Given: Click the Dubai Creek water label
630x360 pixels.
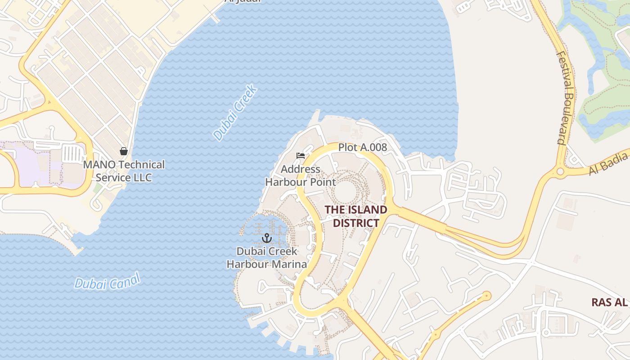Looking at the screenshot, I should click(x=235, y=112).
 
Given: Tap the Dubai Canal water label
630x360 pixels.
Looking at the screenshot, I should click(x=108, y=281).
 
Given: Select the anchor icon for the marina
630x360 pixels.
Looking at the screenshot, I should click(x=267, y=238).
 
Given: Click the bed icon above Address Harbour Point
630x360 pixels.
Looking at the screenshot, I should click(x=301, y=156).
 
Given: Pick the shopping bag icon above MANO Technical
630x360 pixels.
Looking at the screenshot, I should click(x=124, y=151).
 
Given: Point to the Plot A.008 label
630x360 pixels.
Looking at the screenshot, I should click(x=362, y=147).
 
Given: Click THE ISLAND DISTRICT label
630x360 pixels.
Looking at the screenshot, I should click(x=355, y=216).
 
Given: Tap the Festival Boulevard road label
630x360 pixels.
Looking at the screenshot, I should click(x=566, y=97).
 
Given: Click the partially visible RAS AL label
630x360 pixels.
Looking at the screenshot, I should click(x=609, y=302).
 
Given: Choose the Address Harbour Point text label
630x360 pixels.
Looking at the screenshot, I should click(x=301, y=175).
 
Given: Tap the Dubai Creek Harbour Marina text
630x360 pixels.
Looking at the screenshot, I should click(x=267, y=257).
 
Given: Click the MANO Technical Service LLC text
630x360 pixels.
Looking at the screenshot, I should click(x=124, y=171).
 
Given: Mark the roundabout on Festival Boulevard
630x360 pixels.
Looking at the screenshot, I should click(x=560, y=171).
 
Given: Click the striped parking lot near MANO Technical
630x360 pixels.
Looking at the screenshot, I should click(x=72, y=153).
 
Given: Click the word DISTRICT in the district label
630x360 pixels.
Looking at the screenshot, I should click(x=355, y=223).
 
